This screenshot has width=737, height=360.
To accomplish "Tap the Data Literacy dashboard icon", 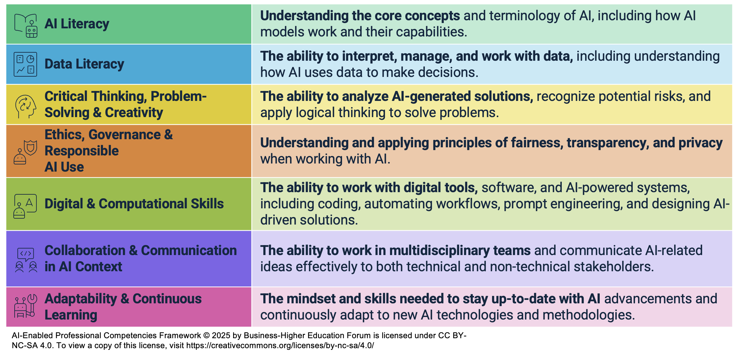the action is (25, 64).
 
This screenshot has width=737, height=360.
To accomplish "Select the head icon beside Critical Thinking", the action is (26, 106).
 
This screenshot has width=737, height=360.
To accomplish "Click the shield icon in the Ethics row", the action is (31, 147).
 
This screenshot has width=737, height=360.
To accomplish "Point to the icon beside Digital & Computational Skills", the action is (25, 206).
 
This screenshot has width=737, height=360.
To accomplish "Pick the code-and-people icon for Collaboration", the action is (26, 260).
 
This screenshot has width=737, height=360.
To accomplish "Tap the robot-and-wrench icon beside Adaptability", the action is (26, 306).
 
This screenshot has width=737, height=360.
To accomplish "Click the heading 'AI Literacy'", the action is (77, 24).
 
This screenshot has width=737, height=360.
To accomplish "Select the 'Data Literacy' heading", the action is (84, 64).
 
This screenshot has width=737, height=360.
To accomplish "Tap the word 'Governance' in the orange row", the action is (125, 135).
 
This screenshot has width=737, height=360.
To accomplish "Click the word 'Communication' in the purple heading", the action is (189, 250).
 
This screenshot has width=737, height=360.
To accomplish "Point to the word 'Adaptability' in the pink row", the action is (81, 299).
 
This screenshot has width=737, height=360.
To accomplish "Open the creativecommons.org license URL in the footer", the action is (280, 345).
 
